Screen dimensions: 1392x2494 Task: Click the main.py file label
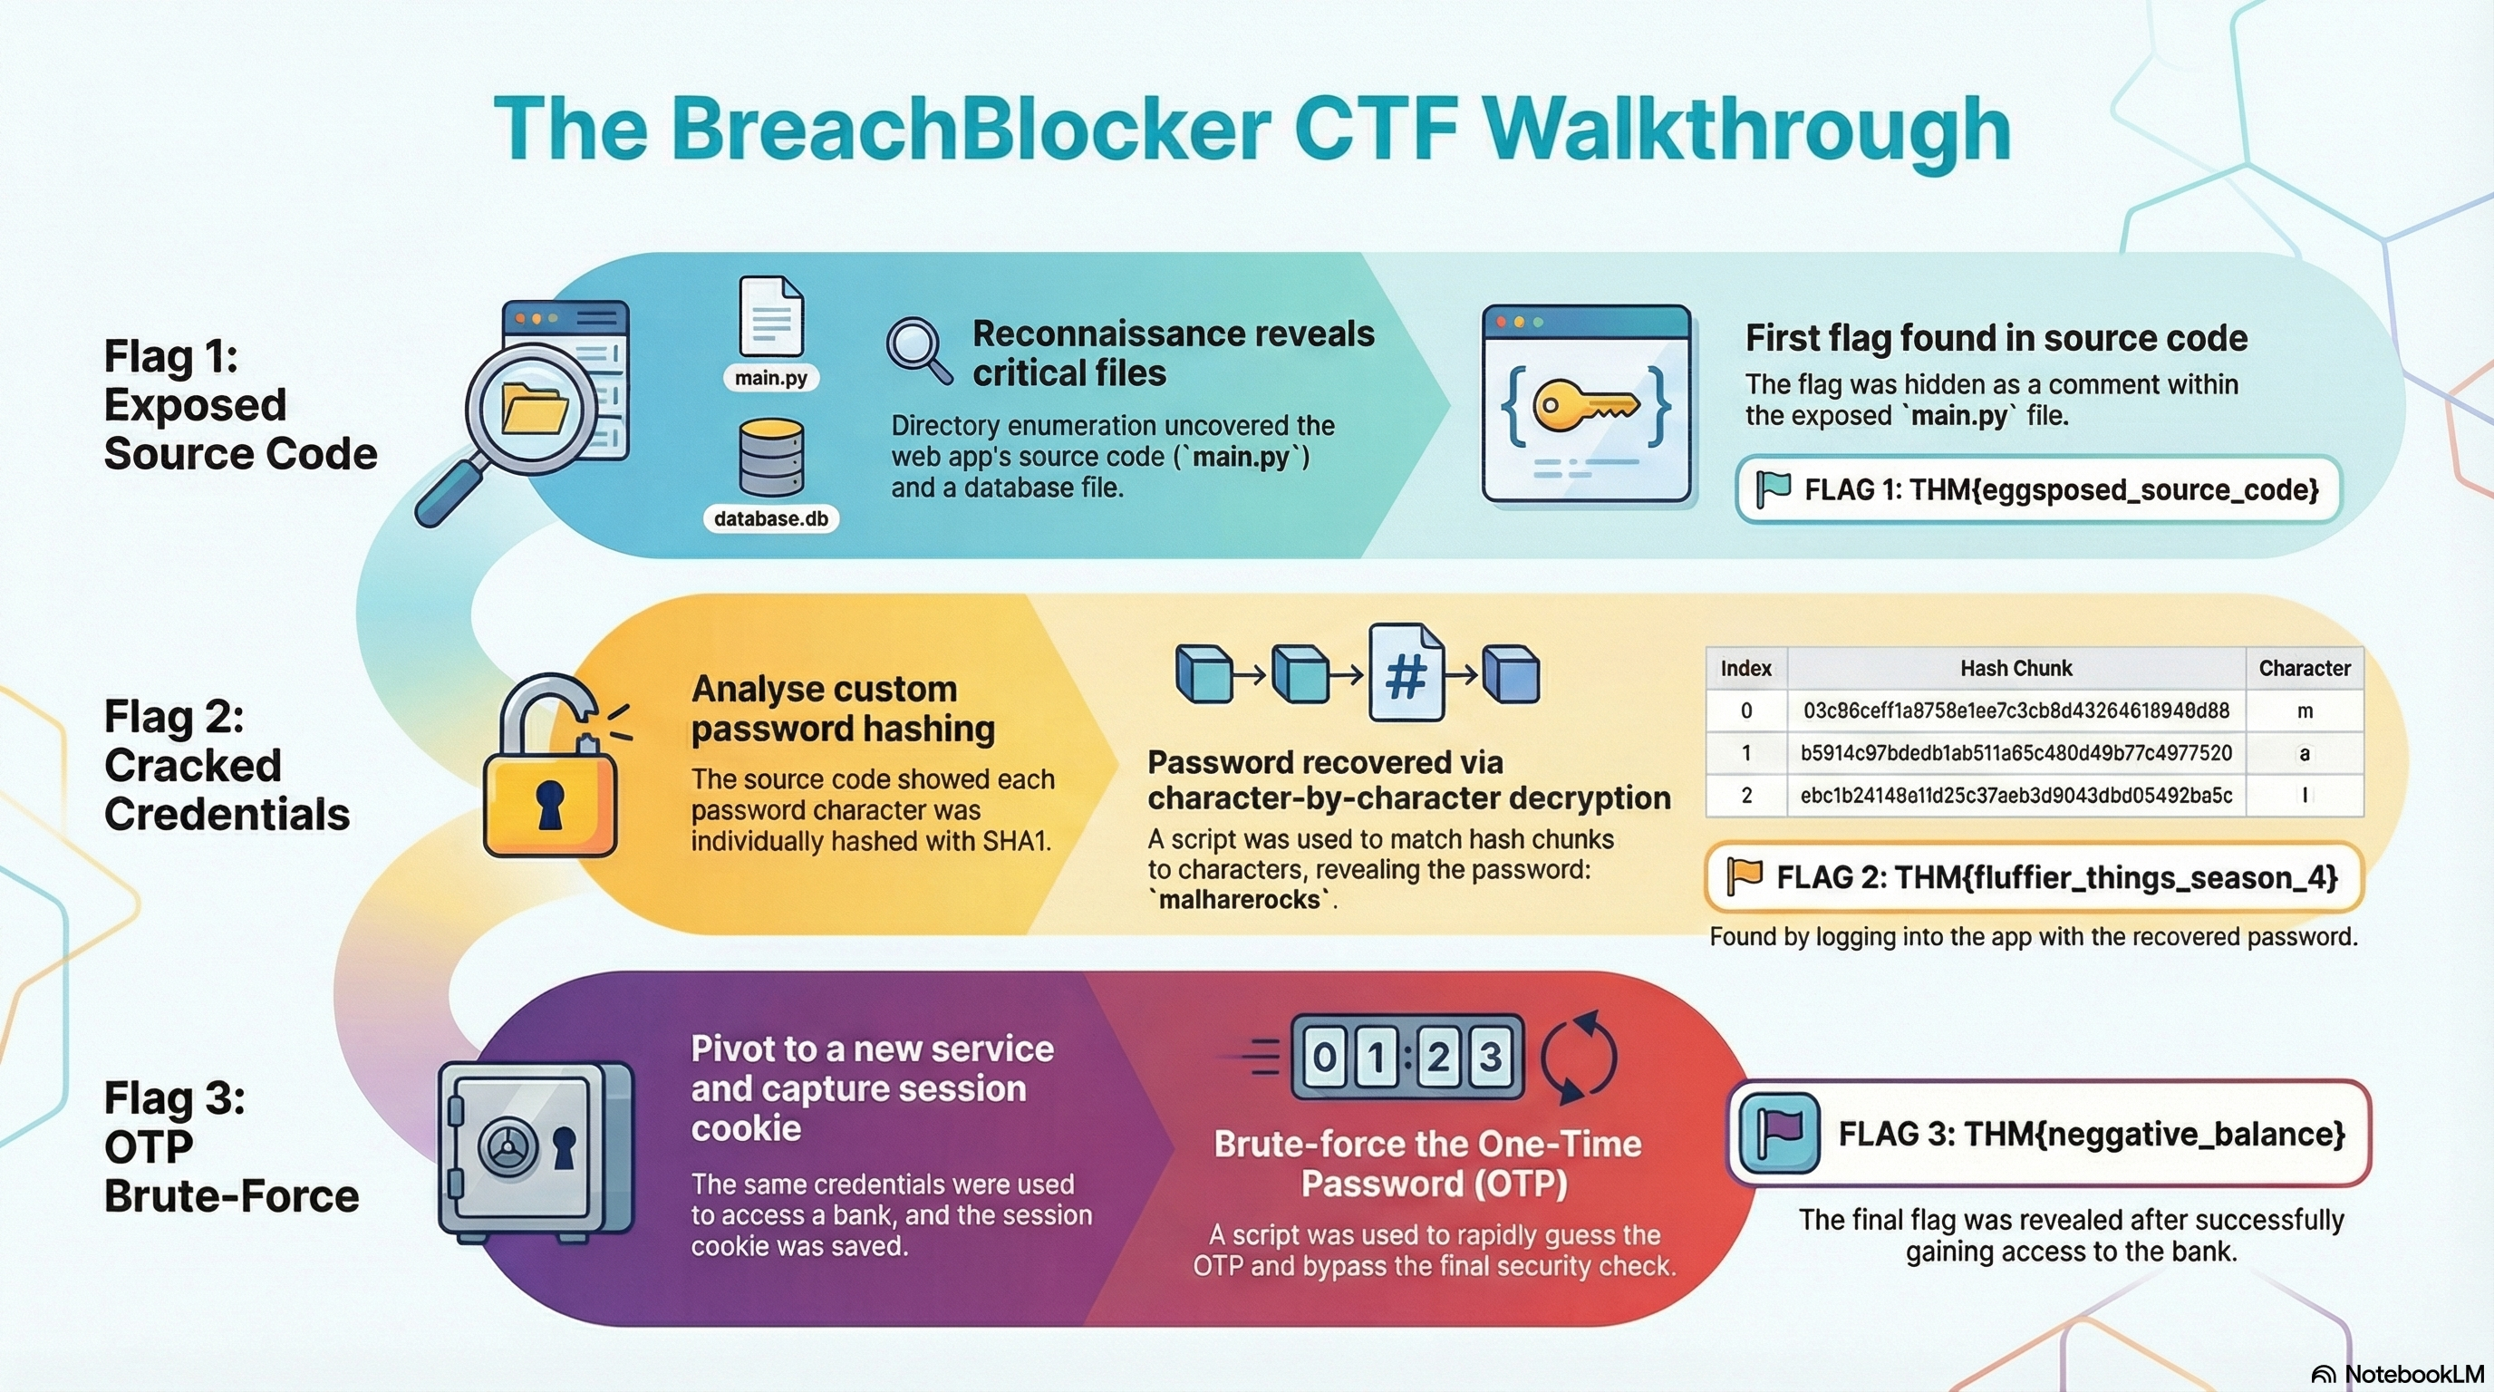[770, 378]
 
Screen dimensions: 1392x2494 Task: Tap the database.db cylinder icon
[770, 457]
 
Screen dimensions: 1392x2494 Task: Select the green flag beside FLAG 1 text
[1772, 488]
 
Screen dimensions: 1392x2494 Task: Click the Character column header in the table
[2304, 668]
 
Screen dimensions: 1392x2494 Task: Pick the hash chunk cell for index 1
[2015, 753]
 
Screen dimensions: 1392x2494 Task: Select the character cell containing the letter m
[2305, 711]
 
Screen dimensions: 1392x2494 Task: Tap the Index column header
[1745, 668]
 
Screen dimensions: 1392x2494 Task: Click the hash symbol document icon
[1406, 673]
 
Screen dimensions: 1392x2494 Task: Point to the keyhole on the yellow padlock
[550, 805]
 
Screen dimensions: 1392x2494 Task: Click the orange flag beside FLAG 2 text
[1744, 876]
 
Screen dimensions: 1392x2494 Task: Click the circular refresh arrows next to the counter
[1578, 1057]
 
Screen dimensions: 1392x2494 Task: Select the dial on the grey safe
[507, 1150]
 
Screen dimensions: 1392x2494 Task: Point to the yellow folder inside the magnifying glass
[534, 408]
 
